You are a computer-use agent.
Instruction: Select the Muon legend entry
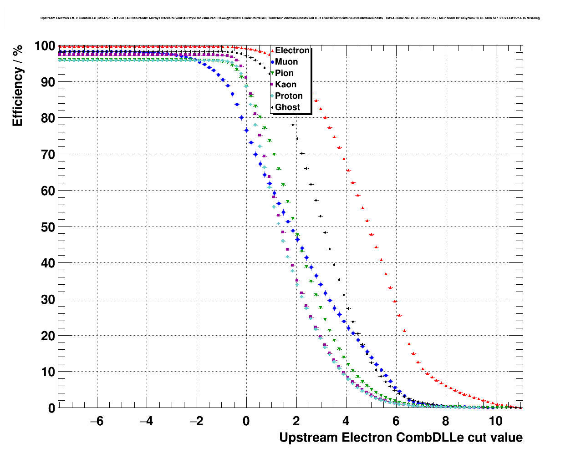click(286, 62)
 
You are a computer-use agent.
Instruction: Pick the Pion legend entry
click(284, 73)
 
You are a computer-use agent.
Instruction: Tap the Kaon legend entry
click(285, 85)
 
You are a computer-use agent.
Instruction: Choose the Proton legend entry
click(289, 96)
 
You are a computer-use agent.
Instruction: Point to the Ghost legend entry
click(287, 107)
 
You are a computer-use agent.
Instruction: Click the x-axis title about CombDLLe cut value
click(401, 438)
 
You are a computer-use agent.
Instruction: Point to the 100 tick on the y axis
click(45, 46)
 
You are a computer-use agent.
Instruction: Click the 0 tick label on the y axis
click(51, 408)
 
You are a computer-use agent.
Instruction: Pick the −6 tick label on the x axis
click(97, 421)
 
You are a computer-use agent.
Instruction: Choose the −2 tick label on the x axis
click(196, 421)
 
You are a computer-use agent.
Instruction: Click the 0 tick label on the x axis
click(246, 421)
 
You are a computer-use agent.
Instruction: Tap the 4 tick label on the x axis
click(346, 421)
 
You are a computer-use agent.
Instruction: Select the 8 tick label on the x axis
click(446, 421)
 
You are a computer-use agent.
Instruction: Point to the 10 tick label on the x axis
click(495, 421)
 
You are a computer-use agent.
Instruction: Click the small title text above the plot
click(290, 18)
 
